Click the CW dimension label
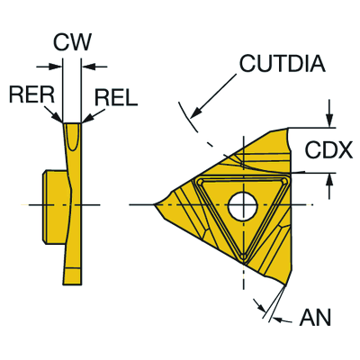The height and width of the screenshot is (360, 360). [72, 41]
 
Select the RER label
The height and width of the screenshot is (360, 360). [31, 94]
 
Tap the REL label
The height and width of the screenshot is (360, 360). [116, 98]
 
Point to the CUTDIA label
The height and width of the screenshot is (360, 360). [283, 63]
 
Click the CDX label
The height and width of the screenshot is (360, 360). [328, 150]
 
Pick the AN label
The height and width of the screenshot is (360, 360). [315, 317]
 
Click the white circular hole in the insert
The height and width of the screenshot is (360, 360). [243, 207]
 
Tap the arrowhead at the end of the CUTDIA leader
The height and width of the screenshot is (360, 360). [195, 113]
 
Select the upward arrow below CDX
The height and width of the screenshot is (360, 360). [329, 186]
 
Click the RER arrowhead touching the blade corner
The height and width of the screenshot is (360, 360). [58, 117]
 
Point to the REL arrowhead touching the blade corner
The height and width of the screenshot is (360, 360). [86, 118]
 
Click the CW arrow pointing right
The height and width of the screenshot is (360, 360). [49, 67]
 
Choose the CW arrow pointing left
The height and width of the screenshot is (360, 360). [94, 67]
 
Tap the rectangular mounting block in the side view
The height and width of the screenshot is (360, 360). [55, 205]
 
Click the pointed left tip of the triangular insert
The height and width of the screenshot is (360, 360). [154, 205]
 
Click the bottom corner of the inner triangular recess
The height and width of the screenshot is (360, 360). [244, 257]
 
